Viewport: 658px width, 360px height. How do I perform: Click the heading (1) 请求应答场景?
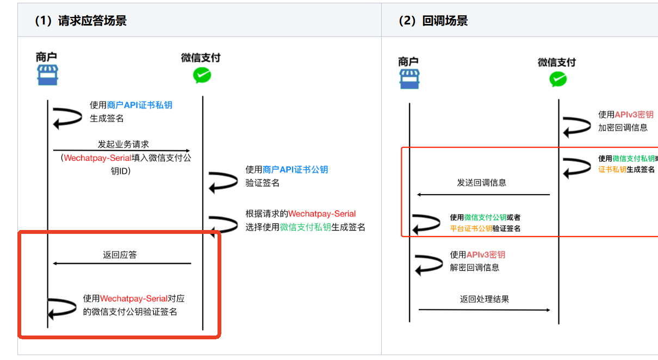click(80, 21)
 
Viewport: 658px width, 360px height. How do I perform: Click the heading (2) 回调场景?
click(433, 21)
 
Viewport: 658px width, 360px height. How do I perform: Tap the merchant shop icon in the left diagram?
click(47, 75)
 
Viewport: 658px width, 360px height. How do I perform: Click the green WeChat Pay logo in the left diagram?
click(202, 75)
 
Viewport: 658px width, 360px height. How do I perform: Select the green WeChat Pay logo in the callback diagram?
click(557, 79)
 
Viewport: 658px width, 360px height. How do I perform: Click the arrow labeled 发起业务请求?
click(121, 151)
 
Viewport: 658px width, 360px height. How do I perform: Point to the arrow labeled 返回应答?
click(121, 263)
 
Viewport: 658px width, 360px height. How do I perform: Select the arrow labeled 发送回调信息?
click(483, 194)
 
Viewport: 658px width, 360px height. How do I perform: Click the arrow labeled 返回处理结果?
click(484, 310)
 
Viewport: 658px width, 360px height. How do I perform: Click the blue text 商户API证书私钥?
click(140, 105)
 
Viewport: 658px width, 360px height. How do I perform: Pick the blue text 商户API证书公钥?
click(295, 170)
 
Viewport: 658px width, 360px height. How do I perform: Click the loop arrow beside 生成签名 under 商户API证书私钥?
click(67, 116)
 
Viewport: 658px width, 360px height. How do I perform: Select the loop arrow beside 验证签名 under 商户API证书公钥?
click(223, 181)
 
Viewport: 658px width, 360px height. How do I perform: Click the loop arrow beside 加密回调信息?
click(576, 126)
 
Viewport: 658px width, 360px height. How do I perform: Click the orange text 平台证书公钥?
click(471, 228)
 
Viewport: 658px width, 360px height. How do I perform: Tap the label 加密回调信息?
click(623, 127)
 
